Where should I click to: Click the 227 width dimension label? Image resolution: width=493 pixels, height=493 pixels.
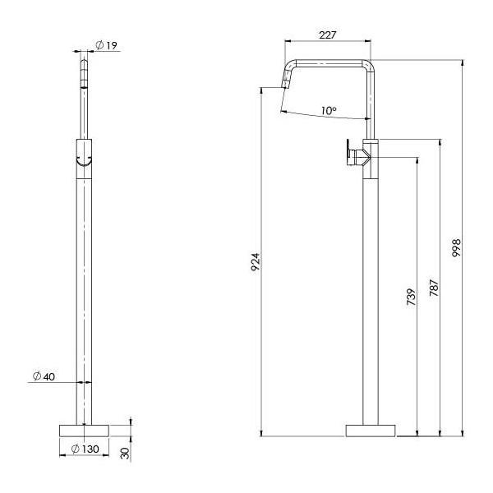tap(329, 35)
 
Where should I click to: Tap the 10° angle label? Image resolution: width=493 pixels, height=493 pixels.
tap(328, 109)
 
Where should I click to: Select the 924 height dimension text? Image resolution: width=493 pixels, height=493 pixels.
tap(256, 262)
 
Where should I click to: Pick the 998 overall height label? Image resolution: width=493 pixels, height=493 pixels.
tap(457, 248)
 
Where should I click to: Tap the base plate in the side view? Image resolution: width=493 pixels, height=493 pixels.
tap(370, 429)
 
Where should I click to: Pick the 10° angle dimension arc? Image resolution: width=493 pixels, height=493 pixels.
tap(325, 117)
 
